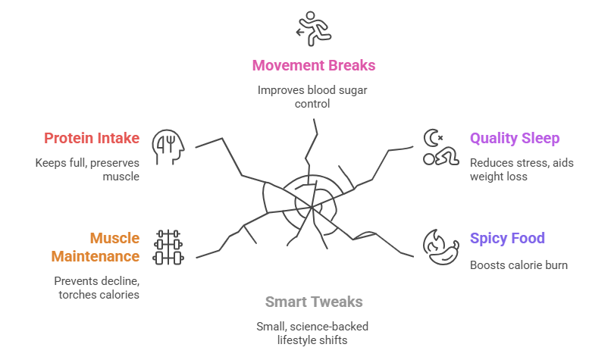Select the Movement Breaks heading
(313, 65)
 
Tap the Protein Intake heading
(92, 138)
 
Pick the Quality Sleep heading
(515, 138)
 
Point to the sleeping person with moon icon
(439, 148)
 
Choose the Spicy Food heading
(507, 239)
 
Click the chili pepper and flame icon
(439, 246)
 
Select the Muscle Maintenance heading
(96, 248)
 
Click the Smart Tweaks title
(314, 302)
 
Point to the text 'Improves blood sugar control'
(313, 96)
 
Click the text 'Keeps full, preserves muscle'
(88, 169)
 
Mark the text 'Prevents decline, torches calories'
(98, 286)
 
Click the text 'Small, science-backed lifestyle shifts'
(313, 333)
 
